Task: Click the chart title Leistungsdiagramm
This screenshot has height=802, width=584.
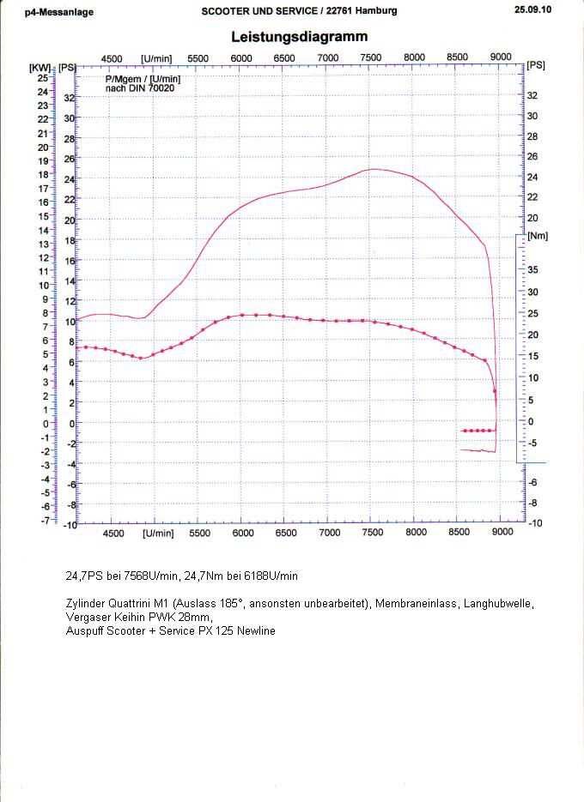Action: pyautogui.click(x=300, y=37)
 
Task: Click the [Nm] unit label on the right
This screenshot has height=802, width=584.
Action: pyautogui.click(x=538, y=236)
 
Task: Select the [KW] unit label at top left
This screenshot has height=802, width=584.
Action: pyautogui.click(x=39, y=66)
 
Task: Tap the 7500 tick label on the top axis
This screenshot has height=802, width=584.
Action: pyautogui.click(x=371, y=57)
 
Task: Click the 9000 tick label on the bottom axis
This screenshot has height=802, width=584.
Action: pyautogui.click(x=502, y=533)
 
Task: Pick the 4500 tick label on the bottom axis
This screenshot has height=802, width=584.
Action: pyautogui.click(x=113, y=534)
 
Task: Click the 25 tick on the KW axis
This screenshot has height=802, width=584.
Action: pyautogui.click(x=41, y=78)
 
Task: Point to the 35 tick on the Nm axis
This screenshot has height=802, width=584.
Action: pyautogui.click(x=532, y=270)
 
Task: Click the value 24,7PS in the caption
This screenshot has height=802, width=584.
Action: pyautogui.click(x=84, y=576)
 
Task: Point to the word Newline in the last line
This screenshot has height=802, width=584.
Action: pyautogui.click(x=256, y=631)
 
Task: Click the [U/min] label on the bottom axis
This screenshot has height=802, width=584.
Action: pyautogui.click(x=157, y=534)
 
